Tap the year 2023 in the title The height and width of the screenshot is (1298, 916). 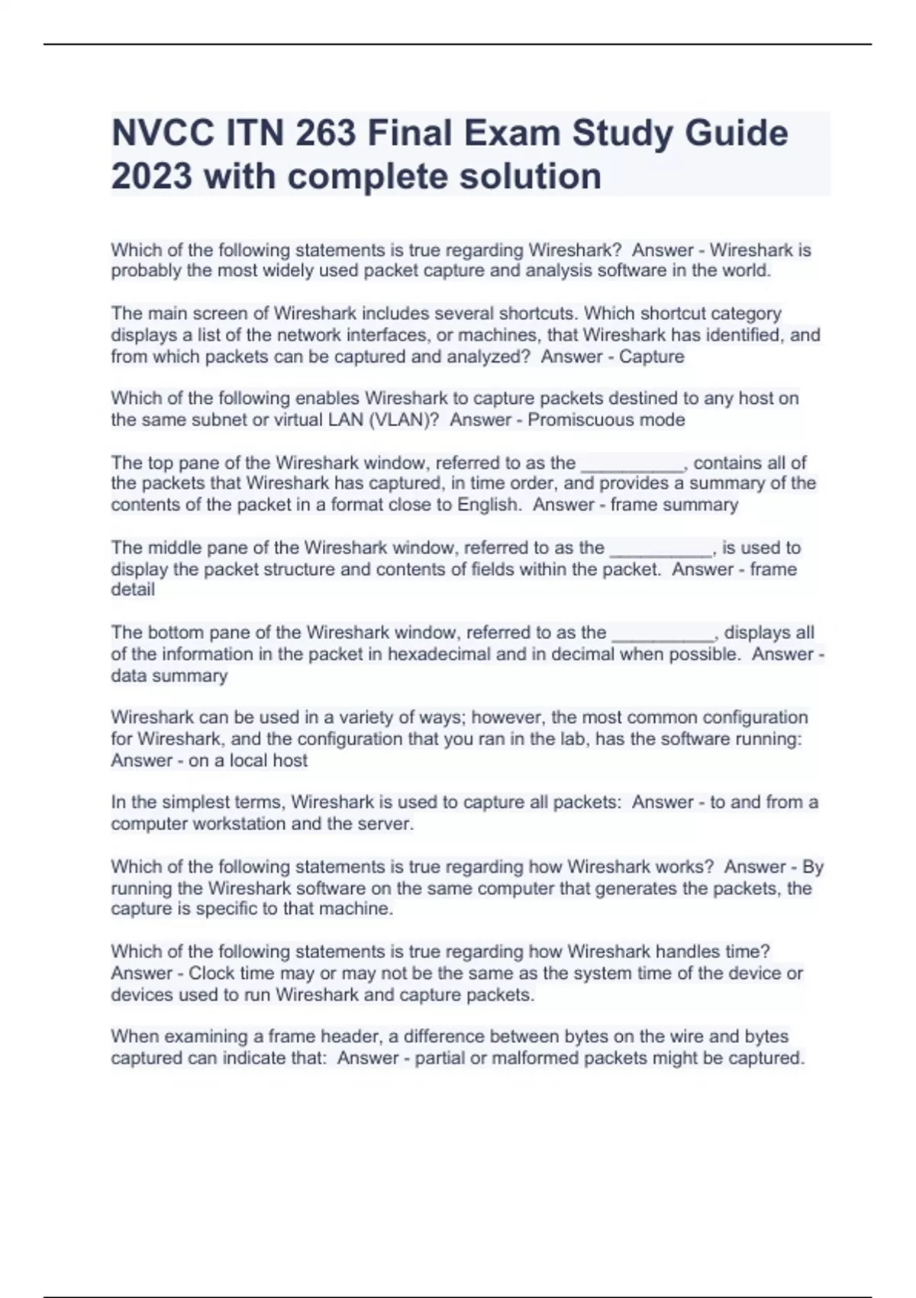151,176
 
